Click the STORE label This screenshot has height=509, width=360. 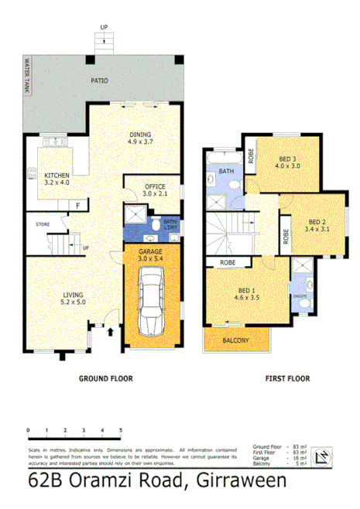(x=42, y=224)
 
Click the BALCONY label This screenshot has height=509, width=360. (x=235, y=340)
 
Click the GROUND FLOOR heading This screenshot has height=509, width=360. (x=105, y=379)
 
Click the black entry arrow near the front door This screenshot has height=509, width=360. (x=110, y=332)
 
